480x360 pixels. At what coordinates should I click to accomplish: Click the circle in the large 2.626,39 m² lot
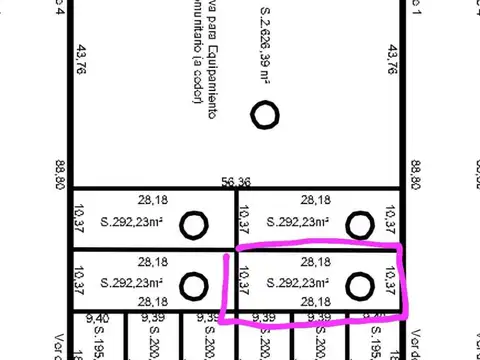pos(265,117)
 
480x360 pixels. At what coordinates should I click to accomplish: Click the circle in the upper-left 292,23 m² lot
pos(193,226)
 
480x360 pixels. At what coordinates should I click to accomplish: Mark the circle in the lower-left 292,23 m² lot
pos(192,287)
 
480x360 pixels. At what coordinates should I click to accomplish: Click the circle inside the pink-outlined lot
pos(359,287)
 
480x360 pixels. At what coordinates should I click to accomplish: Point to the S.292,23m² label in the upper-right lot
pos(301,223)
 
